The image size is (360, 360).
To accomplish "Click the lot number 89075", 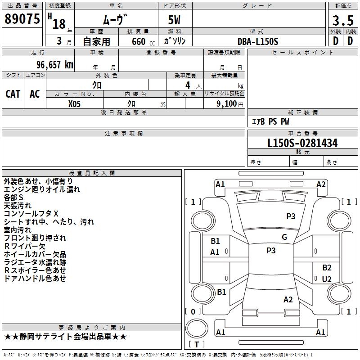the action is (22, 19).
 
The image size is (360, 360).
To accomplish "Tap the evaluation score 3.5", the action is (342, 21).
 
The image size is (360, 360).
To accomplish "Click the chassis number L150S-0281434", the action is (302, 144).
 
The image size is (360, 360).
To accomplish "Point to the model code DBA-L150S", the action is (258, 41).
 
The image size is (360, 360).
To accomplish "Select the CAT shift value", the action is (13, 94).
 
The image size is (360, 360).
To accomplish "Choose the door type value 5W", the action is (175, 20).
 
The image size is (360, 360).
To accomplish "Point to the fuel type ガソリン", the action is (175, 41).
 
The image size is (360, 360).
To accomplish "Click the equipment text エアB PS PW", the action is (270, 121).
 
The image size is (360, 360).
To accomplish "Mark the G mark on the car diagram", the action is (284, 237).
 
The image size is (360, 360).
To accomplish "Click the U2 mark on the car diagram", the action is (327, 279).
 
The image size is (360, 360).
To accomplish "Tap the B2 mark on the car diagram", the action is (327, 268).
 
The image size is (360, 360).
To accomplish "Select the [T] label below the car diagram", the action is (197, 344).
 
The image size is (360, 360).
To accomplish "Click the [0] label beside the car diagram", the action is (193, 311).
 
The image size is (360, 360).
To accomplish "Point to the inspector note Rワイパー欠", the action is (25, 246).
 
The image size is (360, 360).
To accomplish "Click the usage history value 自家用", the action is (96, 41).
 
